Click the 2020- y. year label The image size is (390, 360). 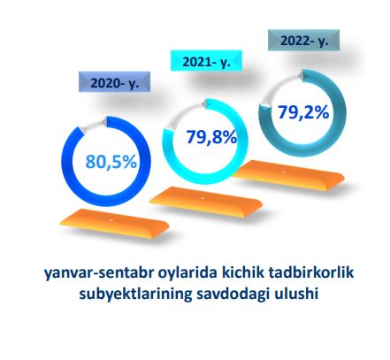pos(114,82)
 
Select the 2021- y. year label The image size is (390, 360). pos(206,61)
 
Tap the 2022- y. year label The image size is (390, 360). pos(303,40)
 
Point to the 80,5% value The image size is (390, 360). pos(111,162)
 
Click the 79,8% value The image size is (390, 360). pos(211,137)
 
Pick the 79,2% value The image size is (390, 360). pos(303,112)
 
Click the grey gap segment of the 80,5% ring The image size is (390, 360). pos(92,126)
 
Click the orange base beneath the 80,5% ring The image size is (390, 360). pos(114,223)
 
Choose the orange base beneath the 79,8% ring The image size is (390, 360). pos(206,203)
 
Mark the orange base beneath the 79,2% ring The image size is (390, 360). pos(289,175)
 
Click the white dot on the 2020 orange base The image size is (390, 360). pos(111,220)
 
